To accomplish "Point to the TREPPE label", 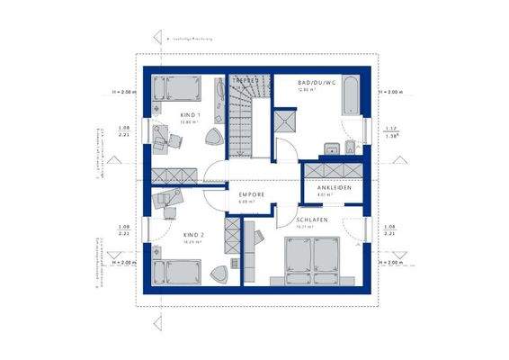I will click(x=246, y=81).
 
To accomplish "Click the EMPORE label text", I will click(x=251, y=194).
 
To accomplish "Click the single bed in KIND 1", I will click(x=176, y=89).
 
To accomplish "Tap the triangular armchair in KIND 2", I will click(x=219, y=272).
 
